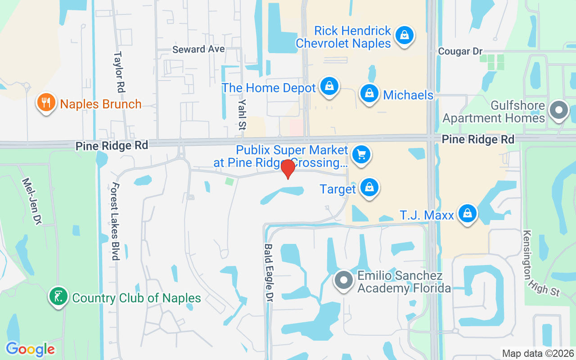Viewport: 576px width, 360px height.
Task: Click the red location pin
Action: (x=288, y=169)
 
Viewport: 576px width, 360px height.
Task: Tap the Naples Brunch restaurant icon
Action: (x=46, y=102)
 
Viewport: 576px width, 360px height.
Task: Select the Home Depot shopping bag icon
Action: (x=329, y=86)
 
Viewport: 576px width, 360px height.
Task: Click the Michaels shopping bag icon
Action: (x=369, y=94)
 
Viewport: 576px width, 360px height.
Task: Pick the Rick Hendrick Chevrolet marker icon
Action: (x=405, y=35)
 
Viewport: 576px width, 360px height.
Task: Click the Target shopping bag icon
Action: (x=369, y=188)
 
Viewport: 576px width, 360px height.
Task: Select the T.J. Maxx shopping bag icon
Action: (x=468, y=213)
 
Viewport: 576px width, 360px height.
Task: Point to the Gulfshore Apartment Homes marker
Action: (x=559, y=110)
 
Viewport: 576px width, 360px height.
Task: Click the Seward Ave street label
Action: (x=198, y=49)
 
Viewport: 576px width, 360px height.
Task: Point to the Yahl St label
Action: (x=242, y=115)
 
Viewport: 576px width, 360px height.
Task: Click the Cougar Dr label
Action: (x=460, y=52)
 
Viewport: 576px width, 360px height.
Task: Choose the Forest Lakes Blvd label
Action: (x=115, y=221)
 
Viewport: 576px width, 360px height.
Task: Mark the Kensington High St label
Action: (x=541, y=263)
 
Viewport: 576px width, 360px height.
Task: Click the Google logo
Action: (x=30, y=349)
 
